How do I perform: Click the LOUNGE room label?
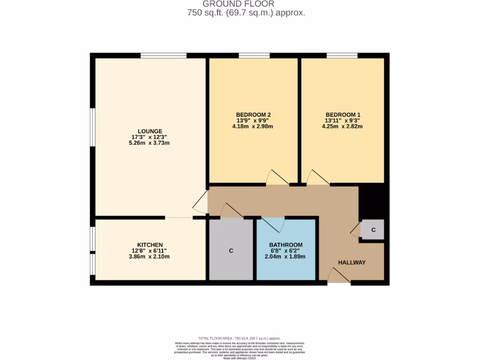tap(150, 131)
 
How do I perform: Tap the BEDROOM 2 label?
tap(253, 115)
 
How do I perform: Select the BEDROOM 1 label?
tap(343, 115)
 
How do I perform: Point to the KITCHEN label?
tap(150, 245)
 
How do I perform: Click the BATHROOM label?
tap(285, 245)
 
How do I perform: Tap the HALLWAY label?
tap(352, 262)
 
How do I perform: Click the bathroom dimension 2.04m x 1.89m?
tap(285, 256)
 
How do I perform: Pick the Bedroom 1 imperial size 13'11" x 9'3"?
tap(343, 120)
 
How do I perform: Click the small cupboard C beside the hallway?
tap(373, 230)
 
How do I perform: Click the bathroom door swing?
tap(273, 225)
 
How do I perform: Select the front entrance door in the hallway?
tap(338, 277)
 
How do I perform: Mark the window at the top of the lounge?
tap(163, 55)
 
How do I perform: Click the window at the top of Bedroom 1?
tap(342, 55)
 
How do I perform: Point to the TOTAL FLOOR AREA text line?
tap(240, 338)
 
